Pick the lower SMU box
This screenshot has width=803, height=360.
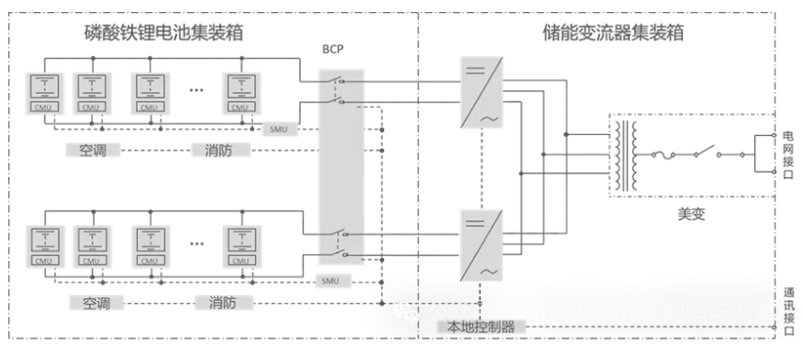click(328, 280)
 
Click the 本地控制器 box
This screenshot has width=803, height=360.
click(480, 326)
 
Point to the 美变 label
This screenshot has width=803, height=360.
click(690, 214)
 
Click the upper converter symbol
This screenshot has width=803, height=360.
click(480, 91)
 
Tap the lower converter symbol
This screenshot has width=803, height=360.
click(480, 244)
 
